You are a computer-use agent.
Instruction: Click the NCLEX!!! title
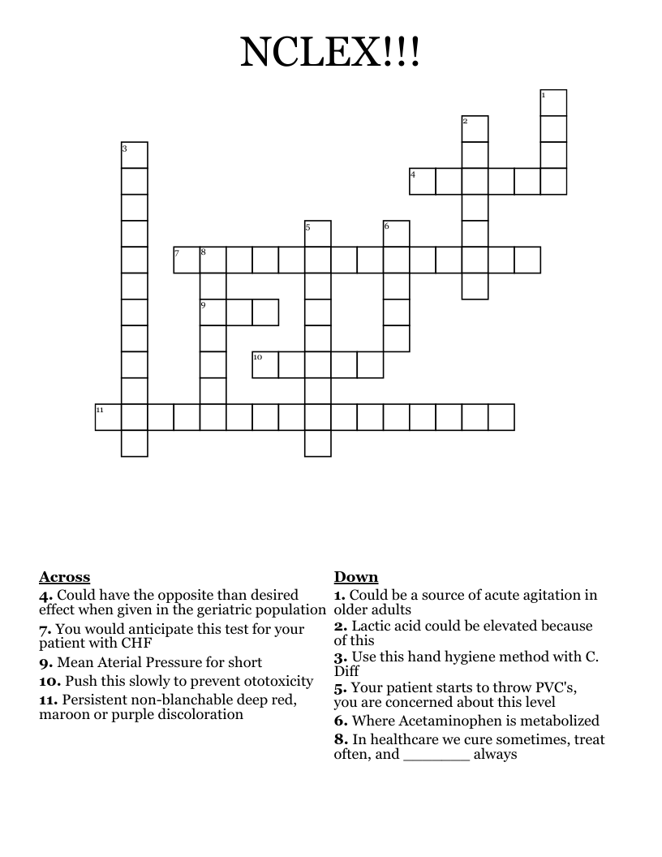[330, 53]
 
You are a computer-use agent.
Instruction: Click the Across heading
[64, 577]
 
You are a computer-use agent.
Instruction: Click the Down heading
[355, 577]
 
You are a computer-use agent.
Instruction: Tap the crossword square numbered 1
[553, 103]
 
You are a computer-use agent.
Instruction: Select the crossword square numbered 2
[475, 129]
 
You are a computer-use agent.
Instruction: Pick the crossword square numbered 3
[135, 155]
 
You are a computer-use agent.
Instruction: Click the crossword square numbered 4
[423, 181]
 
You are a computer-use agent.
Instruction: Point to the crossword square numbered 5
[319, 234]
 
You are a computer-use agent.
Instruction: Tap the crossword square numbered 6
[397, 234]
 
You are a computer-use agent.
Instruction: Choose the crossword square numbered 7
[187, 260]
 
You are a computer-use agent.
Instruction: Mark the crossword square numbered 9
[213, 312]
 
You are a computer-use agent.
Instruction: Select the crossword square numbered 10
[265, 364]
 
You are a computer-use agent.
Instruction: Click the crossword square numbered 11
[109, 416]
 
